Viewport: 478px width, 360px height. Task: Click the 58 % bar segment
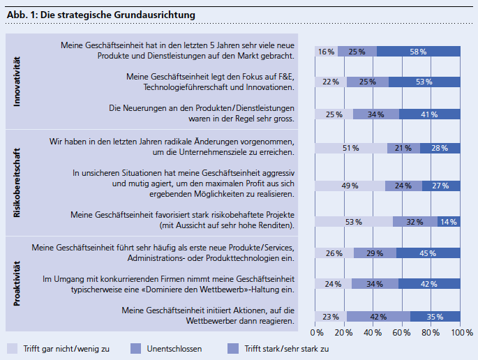[419, 52]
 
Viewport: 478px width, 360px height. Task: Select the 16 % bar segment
[327, 52]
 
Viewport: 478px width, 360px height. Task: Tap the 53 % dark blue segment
[424, 82]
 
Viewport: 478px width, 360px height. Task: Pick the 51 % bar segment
[351, 148]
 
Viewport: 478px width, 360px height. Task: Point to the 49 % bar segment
[350, 186]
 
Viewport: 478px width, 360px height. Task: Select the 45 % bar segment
[428, 253]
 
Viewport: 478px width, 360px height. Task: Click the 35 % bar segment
[435, 316]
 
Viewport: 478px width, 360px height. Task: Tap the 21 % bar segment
[403, 148]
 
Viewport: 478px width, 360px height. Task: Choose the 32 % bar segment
[415, 222]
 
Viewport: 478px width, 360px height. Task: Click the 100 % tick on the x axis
[462, 333]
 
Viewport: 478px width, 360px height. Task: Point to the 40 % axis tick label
[373, 333]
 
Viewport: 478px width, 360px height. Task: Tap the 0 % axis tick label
[318, 333]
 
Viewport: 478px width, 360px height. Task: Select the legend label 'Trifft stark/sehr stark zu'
[285, 348]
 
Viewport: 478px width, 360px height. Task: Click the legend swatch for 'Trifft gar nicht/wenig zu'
[12, 347]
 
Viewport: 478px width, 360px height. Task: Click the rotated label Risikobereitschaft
[18, 181]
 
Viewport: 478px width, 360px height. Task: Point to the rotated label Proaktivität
[18, 283]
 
